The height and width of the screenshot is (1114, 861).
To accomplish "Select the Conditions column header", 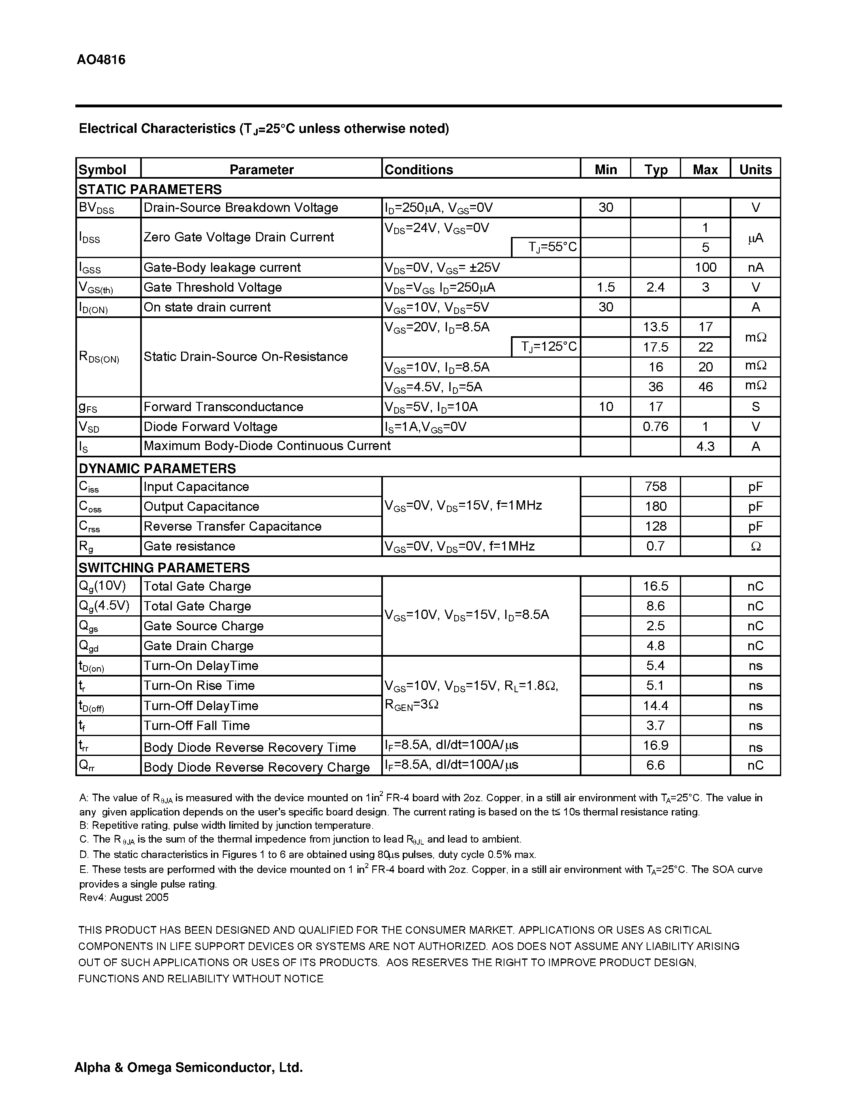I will pyautogui.click(x=418, y=169).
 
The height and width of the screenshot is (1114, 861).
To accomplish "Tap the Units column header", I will pyautogui.click(x=755, y=169).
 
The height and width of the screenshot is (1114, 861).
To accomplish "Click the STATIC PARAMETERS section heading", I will pyautogui.click(x=150, y=189).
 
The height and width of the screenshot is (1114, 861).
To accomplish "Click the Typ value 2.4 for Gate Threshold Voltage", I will pyautogui.click(x=656, y=287).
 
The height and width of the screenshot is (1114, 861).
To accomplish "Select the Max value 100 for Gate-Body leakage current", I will pyautogui.click(x=705, y=267).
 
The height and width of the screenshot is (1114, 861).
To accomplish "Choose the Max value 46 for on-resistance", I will pyautogui.click(x=705, y=386).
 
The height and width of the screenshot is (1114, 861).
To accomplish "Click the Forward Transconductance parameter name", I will pyautogui.click(x=223, y=407).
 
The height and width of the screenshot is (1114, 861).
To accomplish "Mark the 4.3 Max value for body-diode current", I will pyautogui.click(x=705, y=446).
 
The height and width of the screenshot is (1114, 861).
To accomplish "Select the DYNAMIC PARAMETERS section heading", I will pyautogui.click(x=157, y=468).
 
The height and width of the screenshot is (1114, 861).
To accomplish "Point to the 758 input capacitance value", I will pyautogui.click(x=656, y=487).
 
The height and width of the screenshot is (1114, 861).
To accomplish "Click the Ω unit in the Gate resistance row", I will pyautogui.click(x=755, y=546).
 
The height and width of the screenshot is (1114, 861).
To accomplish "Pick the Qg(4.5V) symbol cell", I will pyautogui.click(x=104, y=606).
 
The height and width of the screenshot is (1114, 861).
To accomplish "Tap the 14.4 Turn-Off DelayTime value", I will pyautogui.click(x=656, y=705).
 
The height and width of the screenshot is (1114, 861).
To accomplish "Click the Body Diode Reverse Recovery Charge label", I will pyautogui.click(x=256, y=767).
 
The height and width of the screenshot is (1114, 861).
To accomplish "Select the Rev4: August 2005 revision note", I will pyautogui.click(x=124, y=897).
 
